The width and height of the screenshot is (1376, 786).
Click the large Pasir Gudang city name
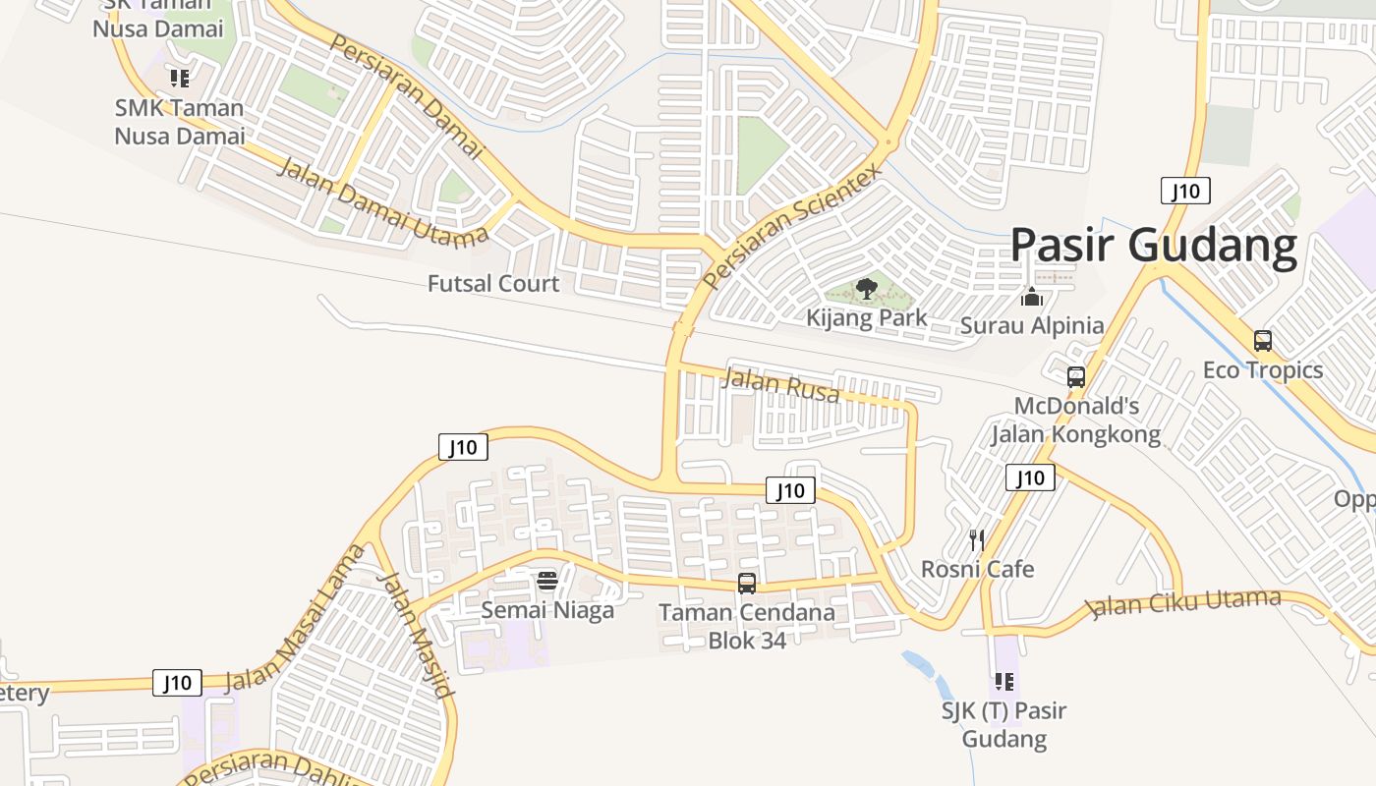(x=1154, y=246)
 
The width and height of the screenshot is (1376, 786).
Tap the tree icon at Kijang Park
(x=866, y=289)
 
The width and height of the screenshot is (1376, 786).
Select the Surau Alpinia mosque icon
(x=1032, y=297)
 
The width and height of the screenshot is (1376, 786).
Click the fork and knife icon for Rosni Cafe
(x=977, y=539)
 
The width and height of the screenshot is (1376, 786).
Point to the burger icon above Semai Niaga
(x=547, y=581)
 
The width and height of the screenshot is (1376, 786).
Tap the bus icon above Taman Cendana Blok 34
(x=747, y=584)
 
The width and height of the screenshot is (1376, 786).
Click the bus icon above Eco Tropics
(x=1263, y=341)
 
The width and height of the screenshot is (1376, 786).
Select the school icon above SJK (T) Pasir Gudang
(x=1003, y=681)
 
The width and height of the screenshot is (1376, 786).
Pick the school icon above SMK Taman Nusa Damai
(x=179, y=78)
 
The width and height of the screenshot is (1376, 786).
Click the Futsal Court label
(x=493, y=284)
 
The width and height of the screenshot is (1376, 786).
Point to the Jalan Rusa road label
(x=781, y=385)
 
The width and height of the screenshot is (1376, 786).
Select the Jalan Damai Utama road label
(x=383, y=201)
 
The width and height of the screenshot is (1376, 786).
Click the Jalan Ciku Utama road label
(x=1186, y=603)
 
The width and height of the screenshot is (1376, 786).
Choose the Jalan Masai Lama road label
(x=294, y=619)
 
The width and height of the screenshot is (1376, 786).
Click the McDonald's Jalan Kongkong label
(x=1075, y=420)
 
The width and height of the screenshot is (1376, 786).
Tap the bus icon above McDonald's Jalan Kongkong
(x=1076, y=376)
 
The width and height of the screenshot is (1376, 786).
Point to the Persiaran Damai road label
(x=407, y=96)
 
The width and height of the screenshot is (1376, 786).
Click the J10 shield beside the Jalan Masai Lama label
(x=177, y=683)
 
